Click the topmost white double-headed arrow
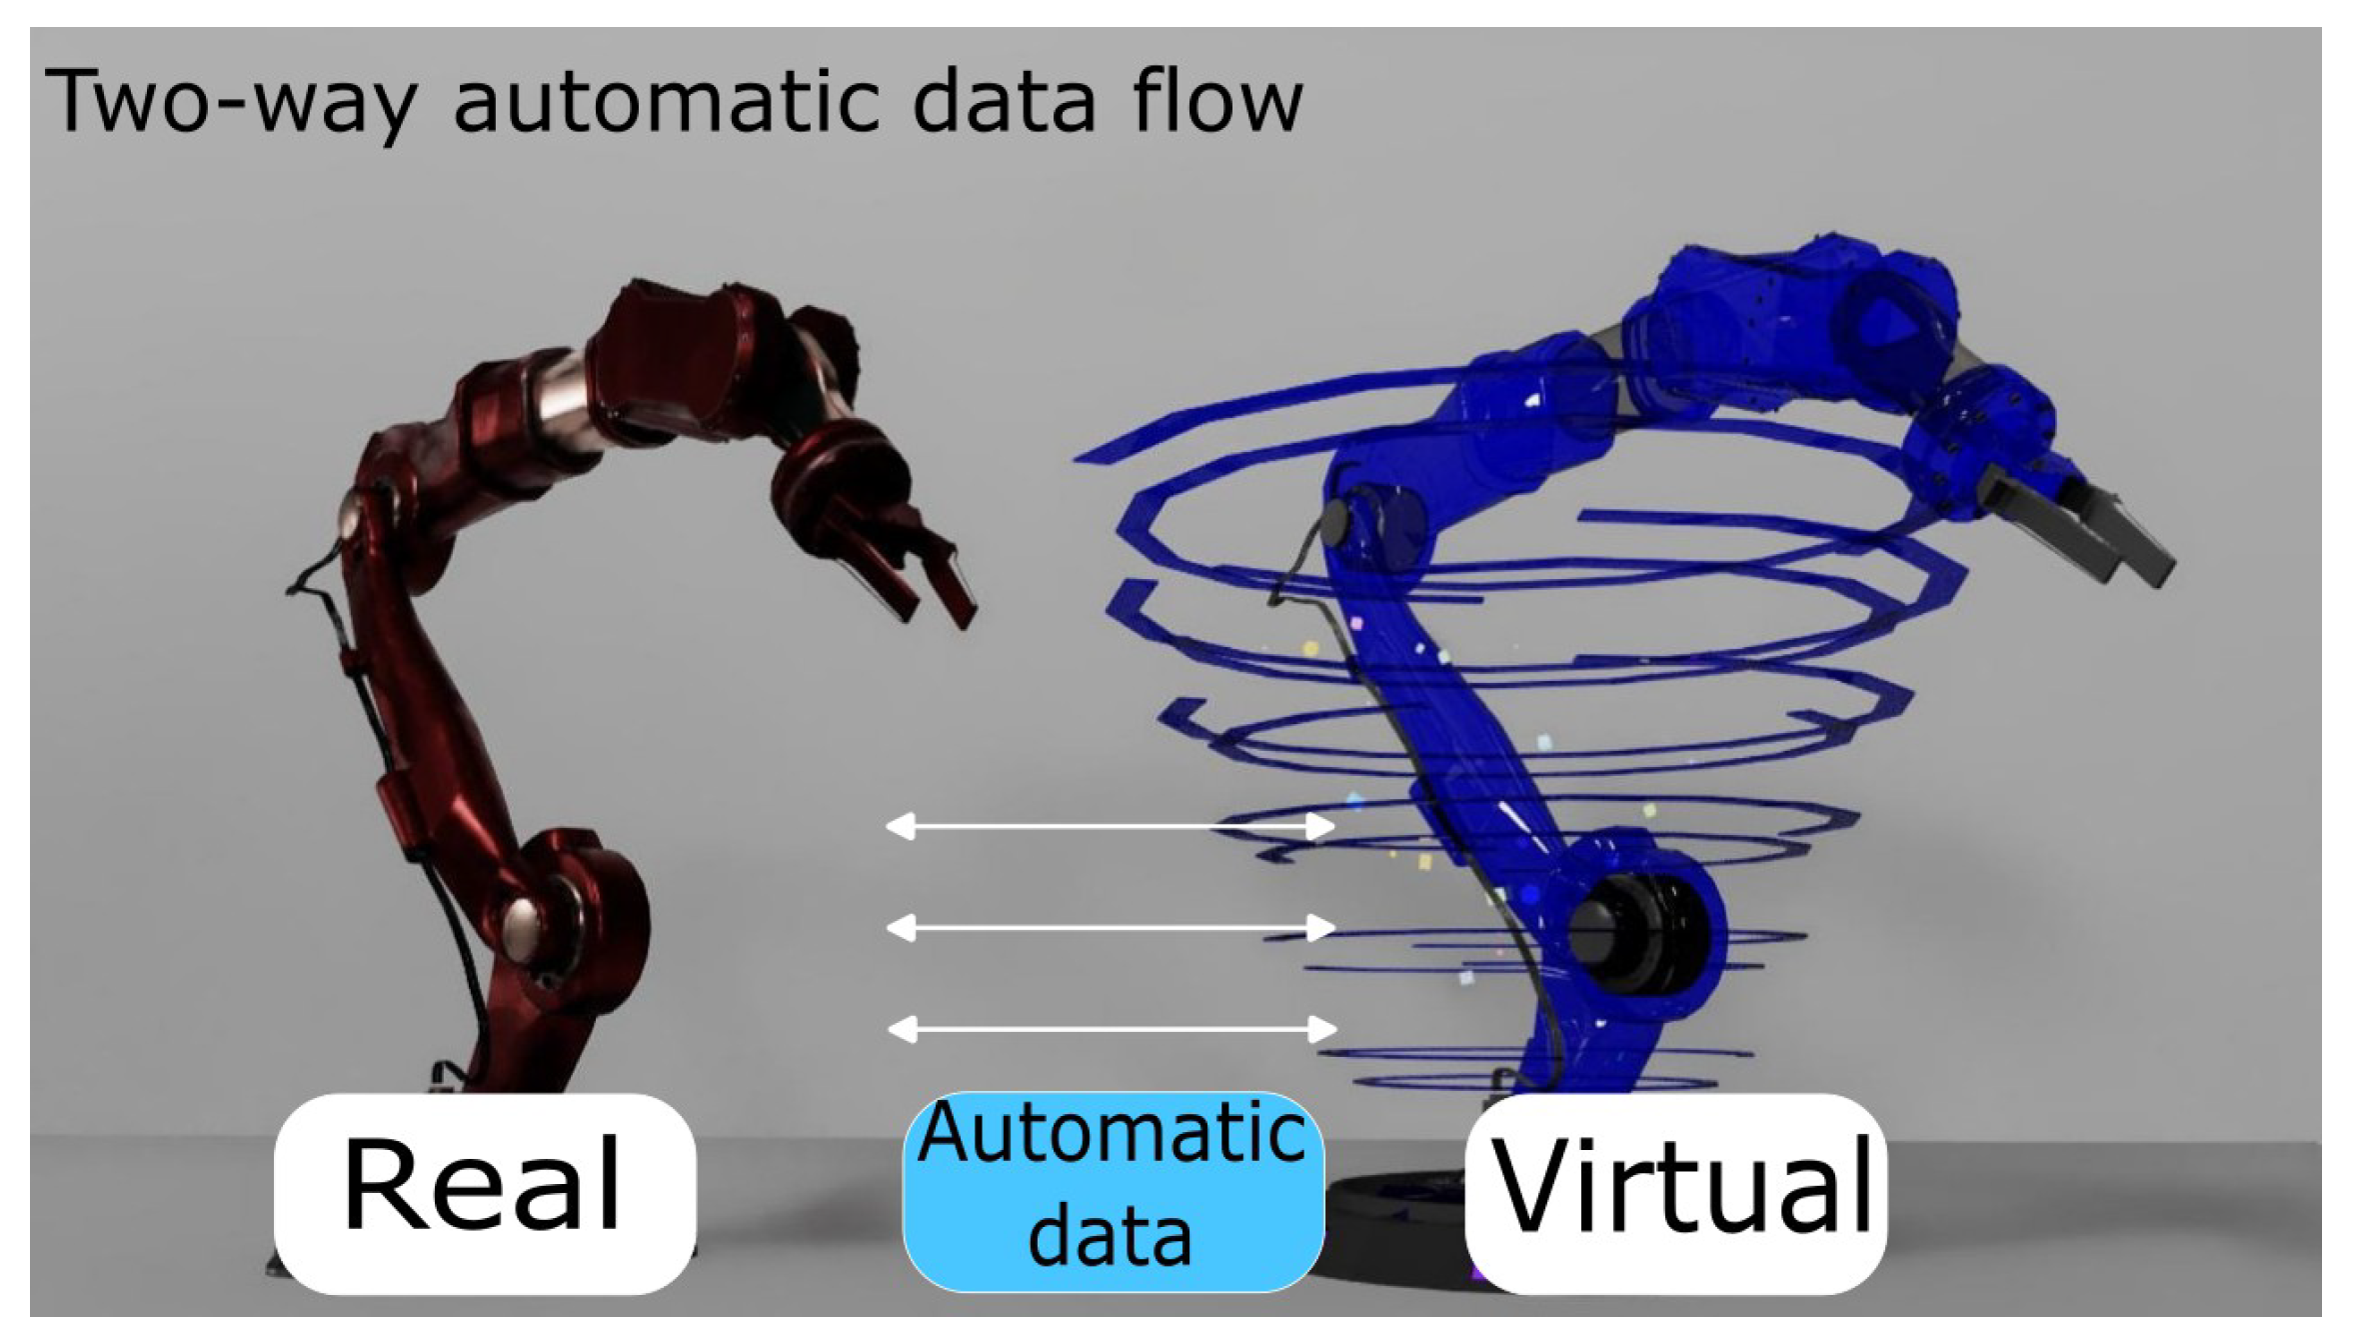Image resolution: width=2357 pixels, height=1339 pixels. pyautogui.click(x=1110, y=826)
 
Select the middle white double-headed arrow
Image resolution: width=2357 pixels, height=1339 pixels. pyautogui.click(x=1110, y=927)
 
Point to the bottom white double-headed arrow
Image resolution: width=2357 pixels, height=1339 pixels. pyautogui.click(x=1110, y=1028)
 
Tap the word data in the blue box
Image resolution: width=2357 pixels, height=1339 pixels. pyautogui.click(x=1110, y=1237)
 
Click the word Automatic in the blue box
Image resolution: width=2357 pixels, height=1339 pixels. pyautogui.click(x=1112, y=1133)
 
